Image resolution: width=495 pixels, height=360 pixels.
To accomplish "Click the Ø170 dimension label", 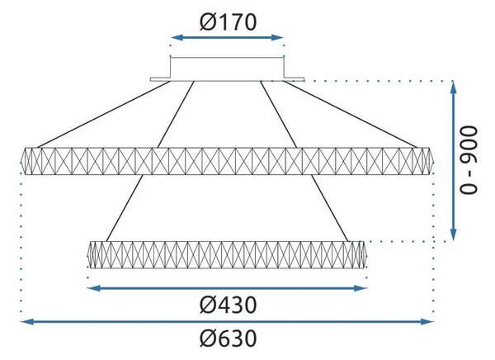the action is coord(228,22).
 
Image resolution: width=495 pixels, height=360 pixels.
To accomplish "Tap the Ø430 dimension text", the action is coord(228,305).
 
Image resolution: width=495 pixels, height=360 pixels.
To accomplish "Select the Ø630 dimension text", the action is coord(228,339).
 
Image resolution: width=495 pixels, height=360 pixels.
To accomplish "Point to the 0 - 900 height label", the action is coord(468,160).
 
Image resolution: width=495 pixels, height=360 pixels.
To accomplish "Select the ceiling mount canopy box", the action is coord(228,68).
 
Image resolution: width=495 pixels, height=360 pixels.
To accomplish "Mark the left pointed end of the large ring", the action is coord(21,161).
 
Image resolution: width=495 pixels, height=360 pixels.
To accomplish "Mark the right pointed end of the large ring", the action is coord(433,161).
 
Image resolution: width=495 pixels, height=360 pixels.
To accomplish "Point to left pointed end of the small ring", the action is coord(87,255).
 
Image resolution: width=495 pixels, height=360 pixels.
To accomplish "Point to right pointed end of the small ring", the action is coord(366,255).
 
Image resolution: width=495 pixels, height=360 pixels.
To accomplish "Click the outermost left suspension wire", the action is coord(104,115).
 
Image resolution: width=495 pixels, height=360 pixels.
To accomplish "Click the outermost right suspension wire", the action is coord(351,115).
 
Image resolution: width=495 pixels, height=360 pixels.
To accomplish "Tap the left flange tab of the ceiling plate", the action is coord(160,79).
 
